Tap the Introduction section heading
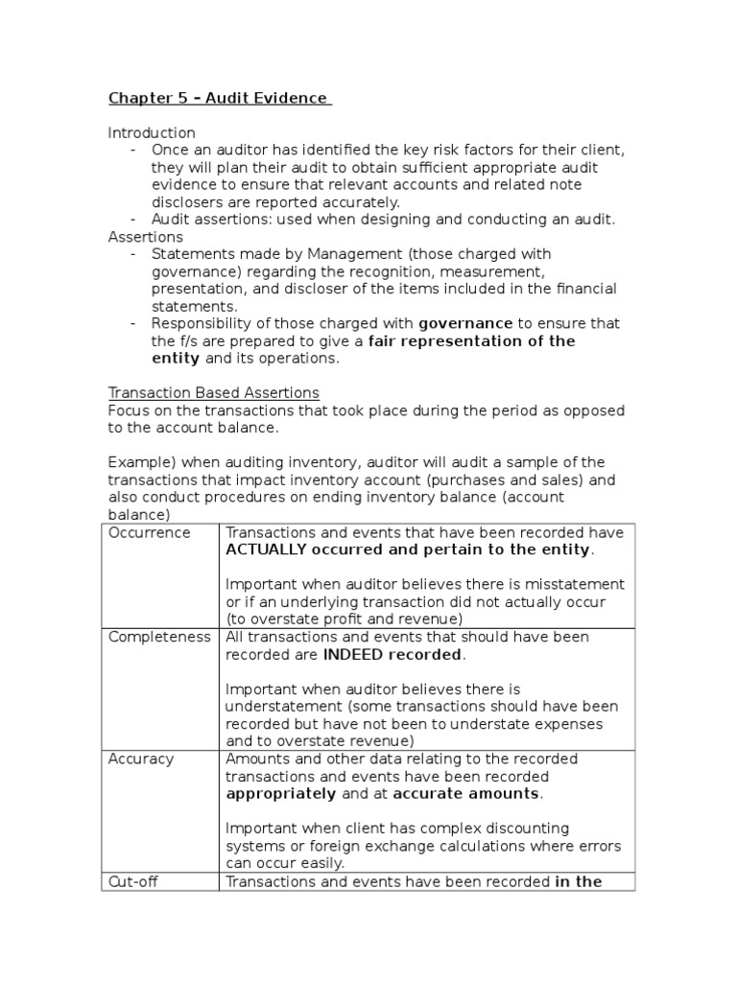(152, 132)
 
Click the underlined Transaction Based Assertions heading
(214, 393)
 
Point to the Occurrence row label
(150, 533)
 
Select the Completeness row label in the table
(159, 638)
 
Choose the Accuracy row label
(141, 760)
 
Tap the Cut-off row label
(134, 881)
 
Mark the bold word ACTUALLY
(266, 550)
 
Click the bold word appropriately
(280, 794)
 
